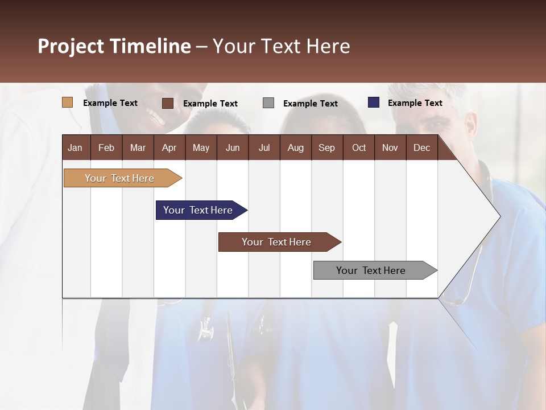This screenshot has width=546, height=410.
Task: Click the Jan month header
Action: [75, 147]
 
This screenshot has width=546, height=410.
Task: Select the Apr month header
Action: [169, 147]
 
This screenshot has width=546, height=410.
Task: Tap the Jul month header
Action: [264, 147]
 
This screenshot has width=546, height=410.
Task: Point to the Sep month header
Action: [326, 147]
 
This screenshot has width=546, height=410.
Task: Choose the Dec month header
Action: [421, 147]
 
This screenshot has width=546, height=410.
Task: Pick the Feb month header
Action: [106, 147]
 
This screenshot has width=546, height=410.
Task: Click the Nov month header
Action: [390, 147]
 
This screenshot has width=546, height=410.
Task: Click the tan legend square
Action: [67, 102]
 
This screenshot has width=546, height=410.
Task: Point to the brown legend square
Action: [168, 103]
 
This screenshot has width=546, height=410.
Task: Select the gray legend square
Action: [268, 103]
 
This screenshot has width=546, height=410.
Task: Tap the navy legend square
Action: [374, 102]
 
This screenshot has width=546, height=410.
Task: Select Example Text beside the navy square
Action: [415, 103]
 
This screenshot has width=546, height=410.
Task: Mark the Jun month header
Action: [233, 147]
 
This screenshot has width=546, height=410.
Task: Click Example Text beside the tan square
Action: [110, 103]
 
